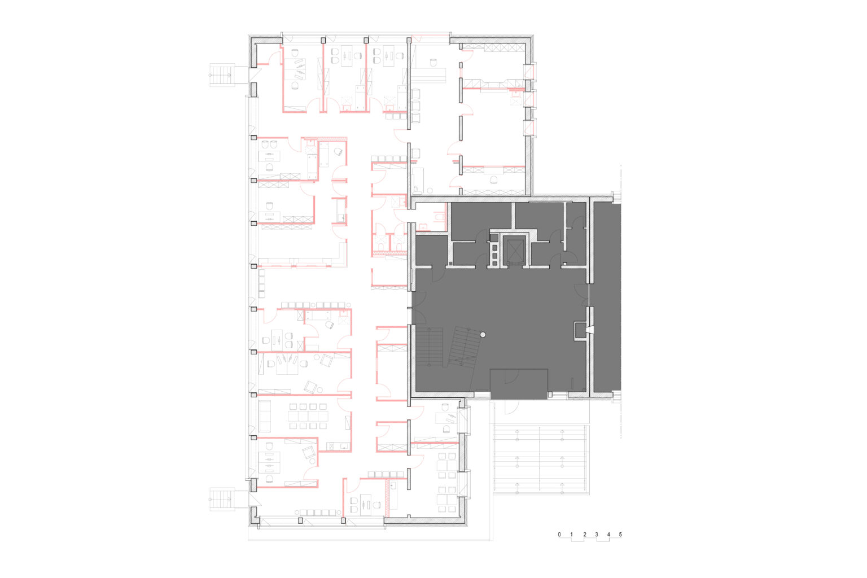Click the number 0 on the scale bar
coord(559,534)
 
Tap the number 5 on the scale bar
coord(620,534)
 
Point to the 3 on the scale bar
coord(597,534)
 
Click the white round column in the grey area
coord(483,335)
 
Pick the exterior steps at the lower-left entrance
coord(222,500)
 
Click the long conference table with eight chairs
coord(308,416)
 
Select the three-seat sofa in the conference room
coord(265,416)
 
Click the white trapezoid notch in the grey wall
coord(589,330)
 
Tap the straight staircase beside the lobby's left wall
coord(429,347)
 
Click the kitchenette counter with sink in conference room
coord(338,446)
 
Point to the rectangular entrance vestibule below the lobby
coord(519,384)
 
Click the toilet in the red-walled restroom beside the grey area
coord(440,216)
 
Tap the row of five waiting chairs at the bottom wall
coord(317,513)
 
